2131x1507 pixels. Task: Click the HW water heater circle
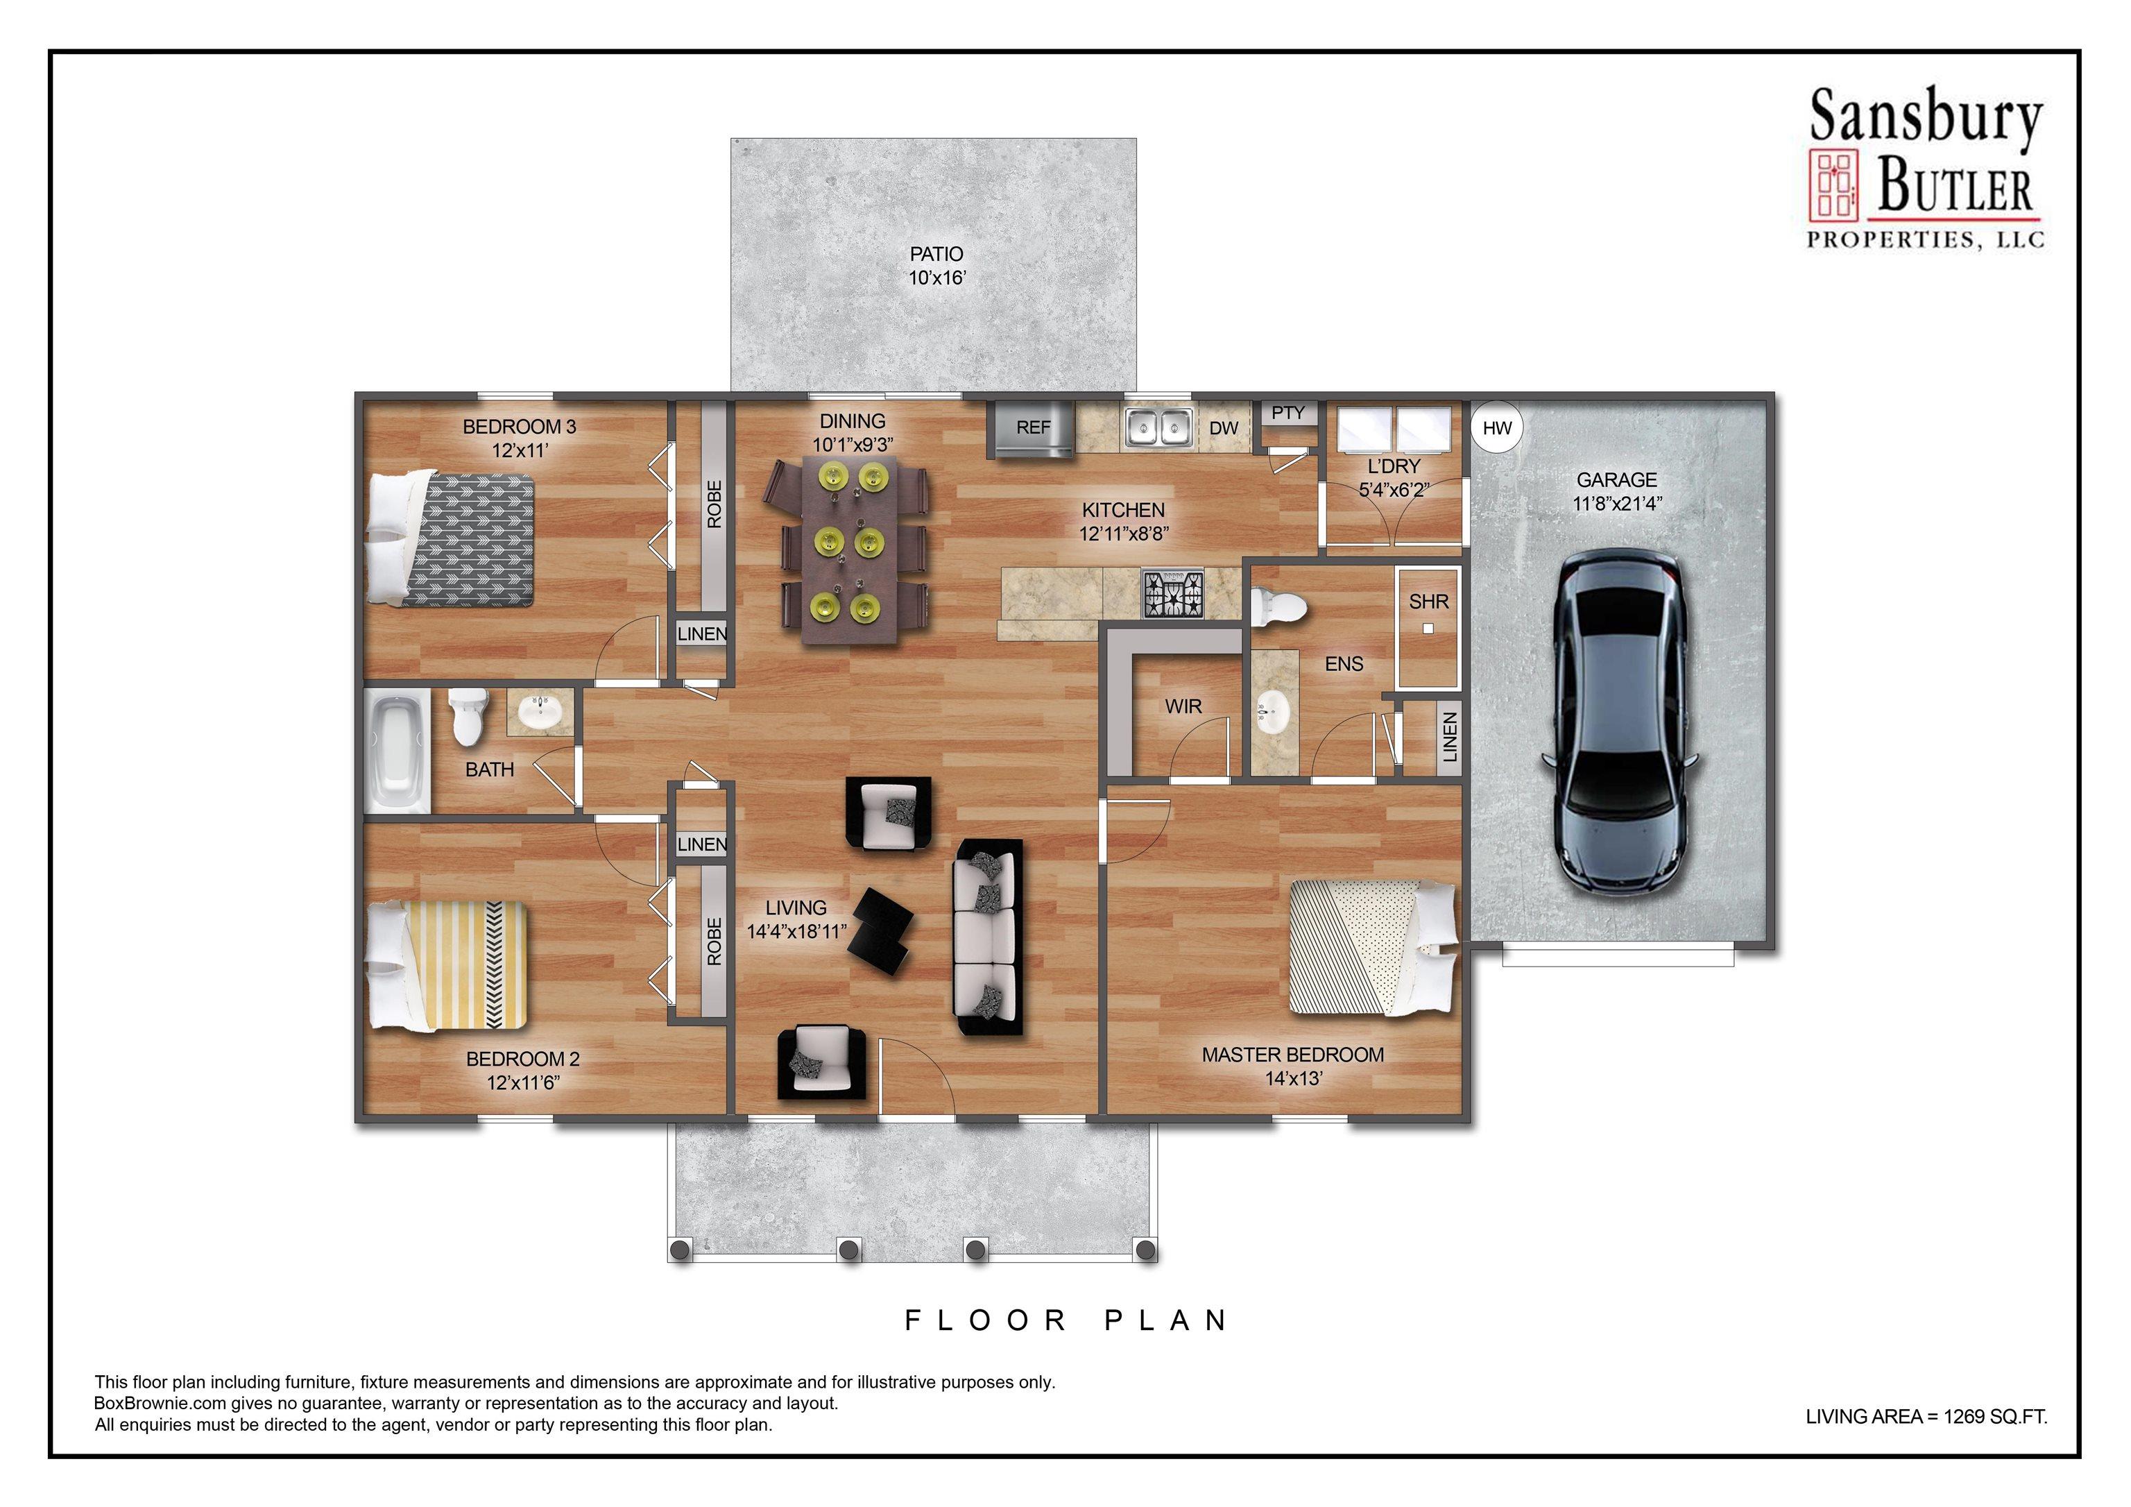click(x=1497, y=427)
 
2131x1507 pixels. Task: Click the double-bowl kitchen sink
click(x=1158, y=428)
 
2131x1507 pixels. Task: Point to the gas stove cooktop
click(x=1172, y=594)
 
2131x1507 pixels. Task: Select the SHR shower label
click(x=1428, y=602)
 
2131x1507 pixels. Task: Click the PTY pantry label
click(x=1288, y=414)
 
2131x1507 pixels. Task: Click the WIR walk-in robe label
click(x=1183, y=706)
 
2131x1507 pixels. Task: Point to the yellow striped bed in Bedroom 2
click(x=448, y=967)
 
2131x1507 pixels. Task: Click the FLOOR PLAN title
click(x=1068, y=1320)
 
